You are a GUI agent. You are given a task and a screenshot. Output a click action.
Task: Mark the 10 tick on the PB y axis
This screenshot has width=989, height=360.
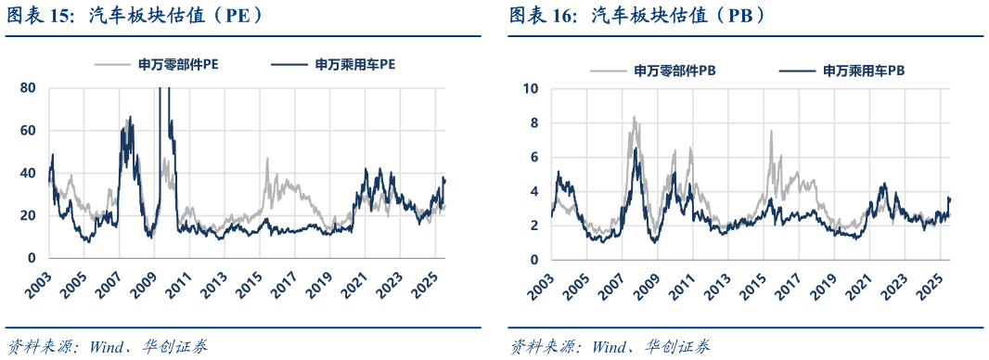pos(531,89)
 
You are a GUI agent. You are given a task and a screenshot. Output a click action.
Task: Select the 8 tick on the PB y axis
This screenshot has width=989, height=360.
pos(534,123)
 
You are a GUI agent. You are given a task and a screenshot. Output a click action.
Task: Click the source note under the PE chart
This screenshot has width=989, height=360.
pos(107,348)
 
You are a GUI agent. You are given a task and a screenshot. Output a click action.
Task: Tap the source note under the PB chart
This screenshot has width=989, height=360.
pos(610,348)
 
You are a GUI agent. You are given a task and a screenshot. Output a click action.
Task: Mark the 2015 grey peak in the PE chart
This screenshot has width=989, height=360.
pos(267,159)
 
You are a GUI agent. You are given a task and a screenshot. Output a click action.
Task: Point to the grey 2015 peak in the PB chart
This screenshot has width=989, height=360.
pos(770,132)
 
